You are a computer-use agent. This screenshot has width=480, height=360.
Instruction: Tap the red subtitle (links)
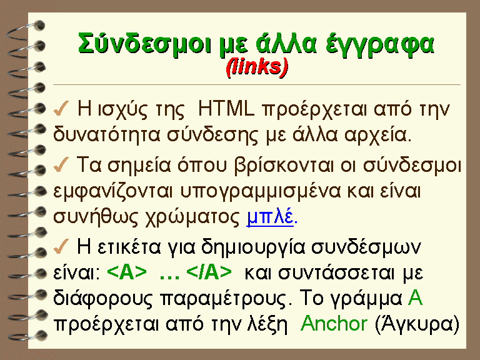point(257,67)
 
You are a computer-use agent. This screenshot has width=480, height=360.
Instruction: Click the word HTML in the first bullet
point(226,109)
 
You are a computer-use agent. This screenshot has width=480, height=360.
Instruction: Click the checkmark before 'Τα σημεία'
point(61,164)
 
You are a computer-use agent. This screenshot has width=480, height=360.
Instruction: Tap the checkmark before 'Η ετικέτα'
point(61,246)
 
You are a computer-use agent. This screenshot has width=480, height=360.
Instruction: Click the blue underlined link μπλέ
point(270,218)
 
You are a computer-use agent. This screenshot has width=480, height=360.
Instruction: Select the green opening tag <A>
point(127,272)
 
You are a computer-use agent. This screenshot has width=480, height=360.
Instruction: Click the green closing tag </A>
point(209,272)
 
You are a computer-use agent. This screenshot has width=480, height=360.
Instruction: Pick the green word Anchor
point(334,323)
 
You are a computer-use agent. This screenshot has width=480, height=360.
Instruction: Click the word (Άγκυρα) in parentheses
point(417,324)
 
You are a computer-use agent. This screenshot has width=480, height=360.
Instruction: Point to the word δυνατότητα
point(106,135)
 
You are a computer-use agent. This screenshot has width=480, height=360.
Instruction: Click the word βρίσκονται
point(284,166)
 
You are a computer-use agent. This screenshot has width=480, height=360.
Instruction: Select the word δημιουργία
point(253,247)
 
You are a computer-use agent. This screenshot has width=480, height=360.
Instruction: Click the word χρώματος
point(192,218)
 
